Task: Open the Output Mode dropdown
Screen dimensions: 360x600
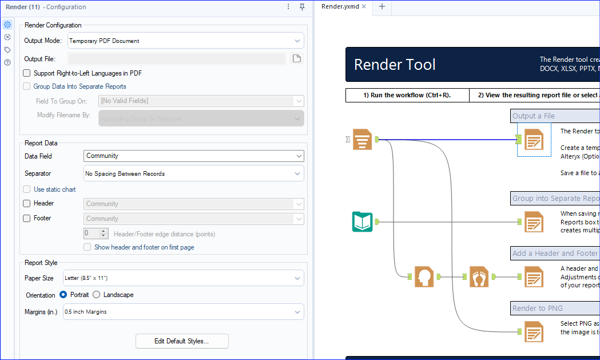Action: pyautogui.click(x=185, y=41)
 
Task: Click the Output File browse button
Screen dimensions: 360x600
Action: pyautogui.click(x=296, y=59)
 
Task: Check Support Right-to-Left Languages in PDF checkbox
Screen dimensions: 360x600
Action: pyautogui.click(x=27, y=73)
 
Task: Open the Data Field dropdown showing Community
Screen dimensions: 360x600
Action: pyautogui.click(x=194, y=156)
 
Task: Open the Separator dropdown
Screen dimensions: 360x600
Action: pyautogui.click(x=194, y=173)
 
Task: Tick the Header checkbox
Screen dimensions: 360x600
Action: pyautogui.click(x=27, y=203)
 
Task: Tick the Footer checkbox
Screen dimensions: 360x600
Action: pyautogui.click(x=27, y=218)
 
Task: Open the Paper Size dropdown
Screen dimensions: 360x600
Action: pyautogui.click(x=183, y=278)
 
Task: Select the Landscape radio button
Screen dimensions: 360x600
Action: pyautogui.click(x=96, y=295)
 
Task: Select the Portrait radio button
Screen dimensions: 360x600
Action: pyautogui.click(x=63, y=295)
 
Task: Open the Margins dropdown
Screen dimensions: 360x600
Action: pyautogui.click(x=183, y=312)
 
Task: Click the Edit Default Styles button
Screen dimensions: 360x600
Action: pyautogui.click(x=182, y=341)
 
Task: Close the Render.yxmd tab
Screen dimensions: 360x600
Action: pyautogui.click(x=364, y=7)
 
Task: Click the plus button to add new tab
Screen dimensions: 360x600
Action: pyautogui.click(x=382, y=7)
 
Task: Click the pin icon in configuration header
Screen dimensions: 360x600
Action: pyautogui.click(x=303, y=7)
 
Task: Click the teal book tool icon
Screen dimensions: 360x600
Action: pyautogui.click(x=362, y=221)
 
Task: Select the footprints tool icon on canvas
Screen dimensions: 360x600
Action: pyautogui.click(x=479, y=276)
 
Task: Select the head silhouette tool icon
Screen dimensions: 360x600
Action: pyautogui.click(x=424, y=276)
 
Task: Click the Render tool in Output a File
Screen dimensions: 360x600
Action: pyautogui.click(x=534, y=139)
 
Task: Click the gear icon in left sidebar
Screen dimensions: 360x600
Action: pyautogui.click(x=7, y=25)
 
